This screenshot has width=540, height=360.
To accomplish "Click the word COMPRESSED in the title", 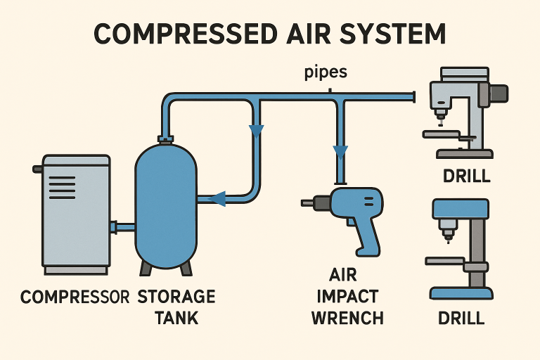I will pos(180,34).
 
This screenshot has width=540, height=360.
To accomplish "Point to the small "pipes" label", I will pos(326,72).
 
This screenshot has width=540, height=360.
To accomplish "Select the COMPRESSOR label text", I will pos(75,297).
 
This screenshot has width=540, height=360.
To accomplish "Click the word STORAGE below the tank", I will pos(176,297).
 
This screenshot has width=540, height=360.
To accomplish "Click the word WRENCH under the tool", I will pos(347,317).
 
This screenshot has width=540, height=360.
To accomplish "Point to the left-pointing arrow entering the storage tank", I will pos(218,199).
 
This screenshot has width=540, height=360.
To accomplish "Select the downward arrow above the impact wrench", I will pos(341,151).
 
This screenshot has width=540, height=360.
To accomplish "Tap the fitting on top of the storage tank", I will pos(166,138).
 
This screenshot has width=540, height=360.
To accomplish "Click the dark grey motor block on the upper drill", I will pos(497,92).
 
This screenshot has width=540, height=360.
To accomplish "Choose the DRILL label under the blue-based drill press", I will pos(461,318).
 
